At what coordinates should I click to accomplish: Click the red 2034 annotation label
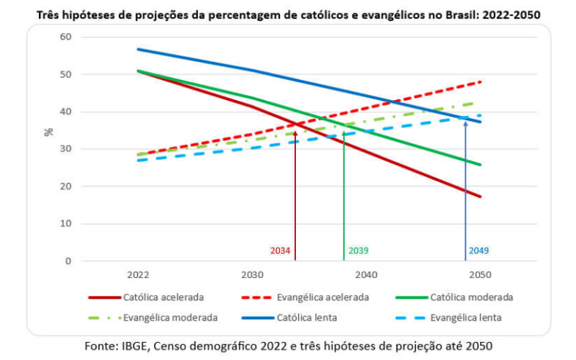point(281,251)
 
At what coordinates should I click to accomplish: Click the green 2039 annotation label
point(359,251)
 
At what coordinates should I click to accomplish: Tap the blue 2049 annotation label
point(479,251)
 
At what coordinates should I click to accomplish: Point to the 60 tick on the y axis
point(66,37)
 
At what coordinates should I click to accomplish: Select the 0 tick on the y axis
point(68,261)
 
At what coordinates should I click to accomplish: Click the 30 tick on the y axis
point(66,149)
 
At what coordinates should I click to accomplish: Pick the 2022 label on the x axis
point(138,274)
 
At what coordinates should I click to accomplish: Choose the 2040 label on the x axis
point(366,274)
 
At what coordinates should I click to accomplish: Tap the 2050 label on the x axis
point(480,274)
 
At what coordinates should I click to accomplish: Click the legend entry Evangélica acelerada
point(318,297)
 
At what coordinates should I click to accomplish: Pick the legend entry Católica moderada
point(471,297)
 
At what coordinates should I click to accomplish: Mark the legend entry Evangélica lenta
point(465,317)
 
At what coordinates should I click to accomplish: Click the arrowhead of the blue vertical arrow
point(465,124)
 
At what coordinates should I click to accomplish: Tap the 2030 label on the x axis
point(251,274)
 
